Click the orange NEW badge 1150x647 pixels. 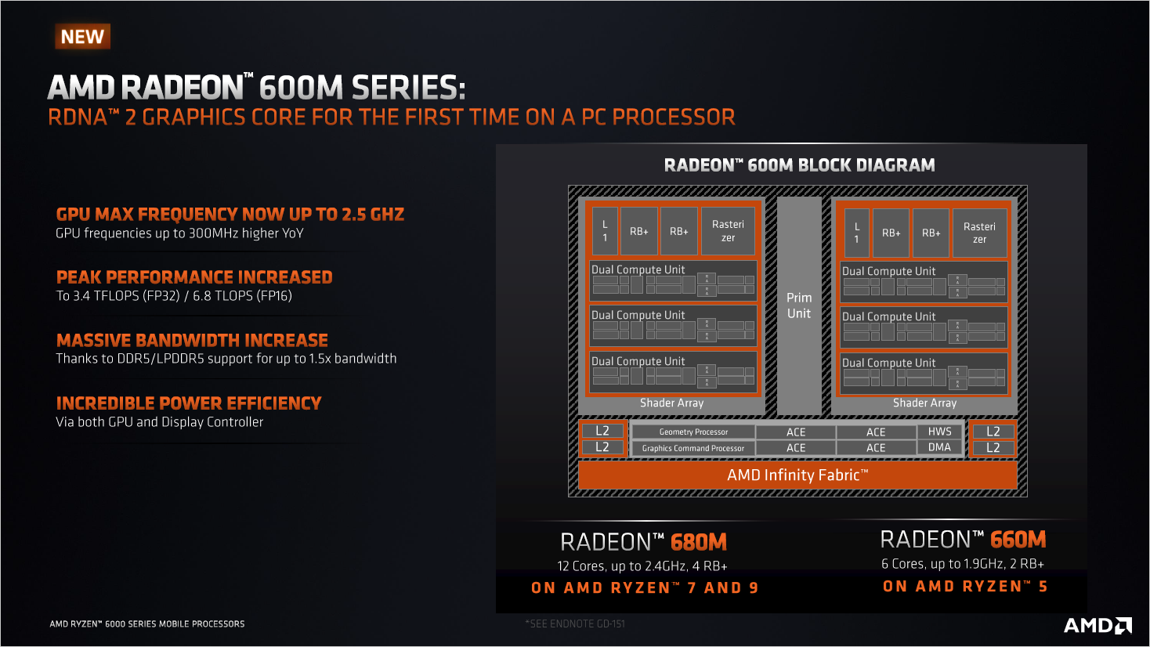[82, 37]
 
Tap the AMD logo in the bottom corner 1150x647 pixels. [1098, 625]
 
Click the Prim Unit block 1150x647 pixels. [799, 305]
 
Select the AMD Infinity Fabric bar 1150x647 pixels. [797, 475]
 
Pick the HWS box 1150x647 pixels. [939, 432]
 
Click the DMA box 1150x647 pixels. [939, 447]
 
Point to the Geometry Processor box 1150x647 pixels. [693, 432]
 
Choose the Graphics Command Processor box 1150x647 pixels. [693, 448]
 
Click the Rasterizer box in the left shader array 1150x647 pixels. [728, 231]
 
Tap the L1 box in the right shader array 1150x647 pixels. [856, 233]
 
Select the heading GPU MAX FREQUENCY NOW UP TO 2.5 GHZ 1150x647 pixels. [230, 215]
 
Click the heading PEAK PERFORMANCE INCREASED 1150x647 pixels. [194, 277]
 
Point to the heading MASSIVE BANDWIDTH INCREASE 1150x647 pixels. [192, 341]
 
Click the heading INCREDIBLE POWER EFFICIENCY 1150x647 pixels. [189, 403]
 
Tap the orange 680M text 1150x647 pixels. [699, 542]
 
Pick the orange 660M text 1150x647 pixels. [1018, 540]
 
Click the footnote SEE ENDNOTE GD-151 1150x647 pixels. [575, 624]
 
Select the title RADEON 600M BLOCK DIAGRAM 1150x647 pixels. [799, 165]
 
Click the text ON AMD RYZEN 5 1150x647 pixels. [964, 587]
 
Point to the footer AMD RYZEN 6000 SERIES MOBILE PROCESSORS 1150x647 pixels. [147, 624]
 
